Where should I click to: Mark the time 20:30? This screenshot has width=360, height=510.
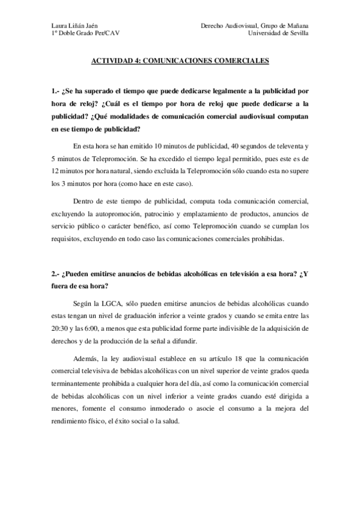click(x=59, y=330)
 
